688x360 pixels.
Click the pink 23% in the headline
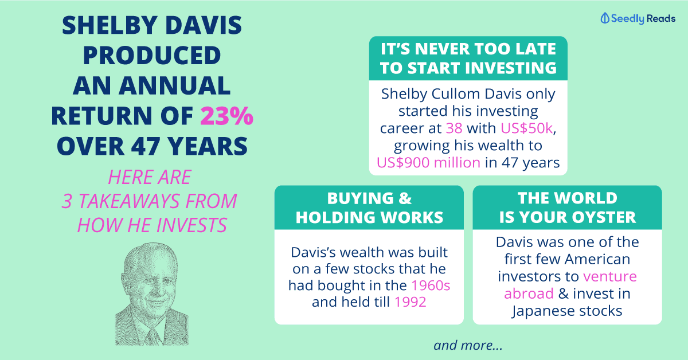pyautogui.click(x=226, y=116)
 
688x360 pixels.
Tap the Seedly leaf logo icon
pyautogui.click(x=605, y=18)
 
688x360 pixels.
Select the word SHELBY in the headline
pyautogui.click(x=110, y=25)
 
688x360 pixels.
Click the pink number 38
pyautogui.click(x=454, y=128)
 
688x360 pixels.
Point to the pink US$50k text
pyautogui.click(x=527, y=128)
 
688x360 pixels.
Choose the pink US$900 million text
pyautogui.click(x=428, y=162)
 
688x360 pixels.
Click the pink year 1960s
pyautogui.click(x=431, y=285)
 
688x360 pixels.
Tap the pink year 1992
pyautogui.click(x=410, y=302)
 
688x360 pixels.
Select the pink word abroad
pyautogui.click(x=529, y=294)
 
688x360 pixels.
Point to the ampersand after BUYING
pyautogui.click(x=405, y=198)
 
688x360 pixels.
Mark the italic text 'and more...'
pyautogui.click(x=468, y=345)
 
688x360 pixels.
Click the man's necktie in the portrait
pyautogui.click(x=153, y=337)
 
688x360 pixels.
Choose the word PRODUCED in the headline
pyautogui.click(x=152, y=55)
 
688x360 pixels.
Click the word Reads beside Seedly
pyautogui.click(x=661, y=18)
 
